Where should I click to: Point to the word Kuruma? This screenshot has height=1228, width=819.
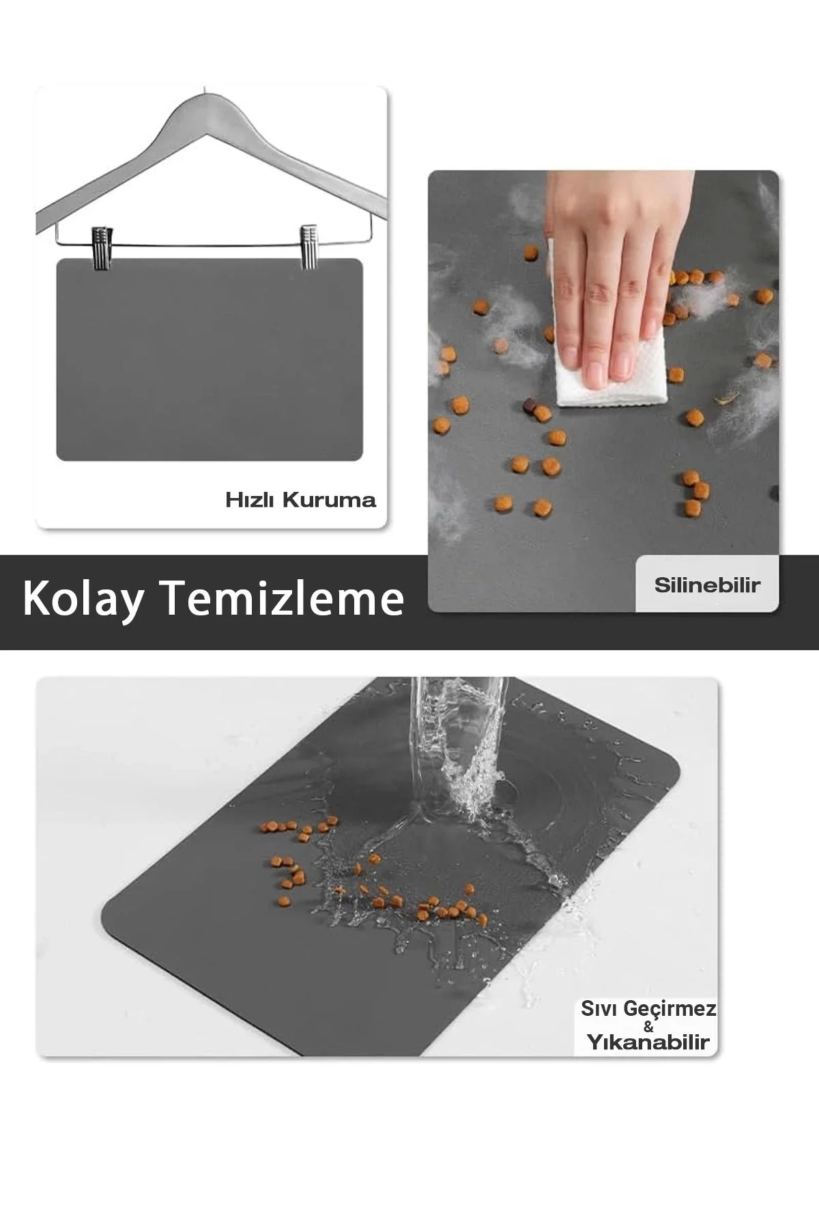[329, 500]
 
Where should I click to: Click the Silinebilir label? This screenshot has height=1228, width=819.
[707, 585]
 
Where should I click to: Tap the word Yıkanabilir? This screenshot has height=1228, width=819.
[648, 1042]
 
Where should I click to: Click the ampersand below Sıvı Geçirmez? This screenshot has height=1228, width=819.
[648, 1025]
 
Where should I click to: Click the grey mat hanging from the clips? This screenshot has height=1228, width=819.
[209, 360]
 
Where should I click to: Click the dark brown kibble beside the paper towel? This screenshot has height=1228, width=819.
[528, 407]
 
